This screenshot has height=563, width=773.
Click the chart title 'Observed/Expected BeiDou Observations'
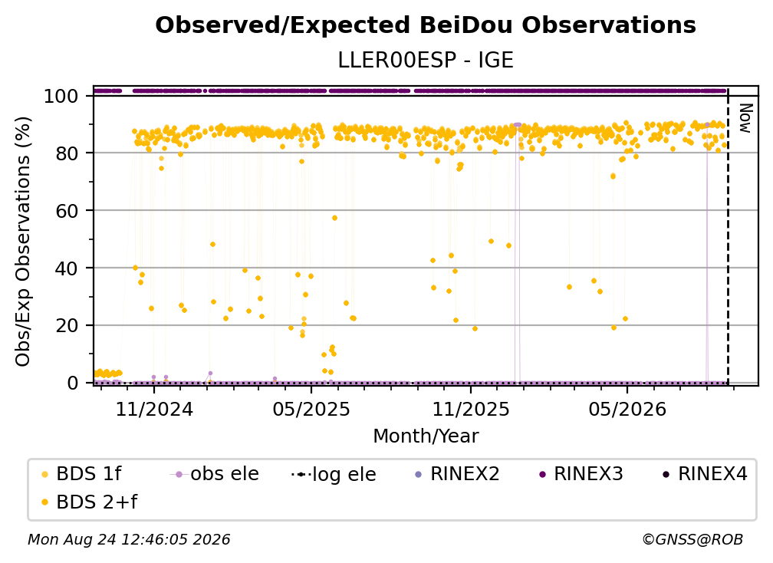426,25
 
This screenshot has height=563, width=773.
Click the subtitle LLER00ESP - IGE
426,60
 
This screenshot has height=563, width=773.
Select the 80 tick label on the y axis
67,153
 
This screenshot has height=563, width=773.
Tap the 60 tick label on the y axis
67,211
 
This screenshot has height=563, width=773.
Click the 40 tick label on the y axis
67,268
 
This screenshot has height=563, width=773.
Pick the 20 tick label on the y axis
67,326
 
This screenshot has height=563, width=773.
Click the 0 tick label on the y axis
72,383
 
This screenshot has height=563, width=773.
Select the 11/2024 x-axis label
154,409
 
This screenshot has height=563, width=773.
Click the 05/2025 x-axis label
311,409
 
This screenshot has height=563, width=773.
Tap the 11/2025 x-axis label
471,409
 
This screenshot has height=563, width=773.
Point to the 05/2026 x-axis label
627,409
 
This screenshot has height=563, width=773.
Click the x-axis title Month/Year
426,436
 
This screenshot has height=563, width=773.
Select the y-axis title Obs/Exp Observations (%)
23,241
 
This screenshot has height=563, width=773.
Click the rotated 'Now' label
745,118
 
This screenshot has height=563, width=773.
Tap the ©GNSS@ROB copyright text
692,539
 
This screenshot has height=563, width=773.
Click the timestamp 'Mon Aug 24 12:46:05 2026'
129,539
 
